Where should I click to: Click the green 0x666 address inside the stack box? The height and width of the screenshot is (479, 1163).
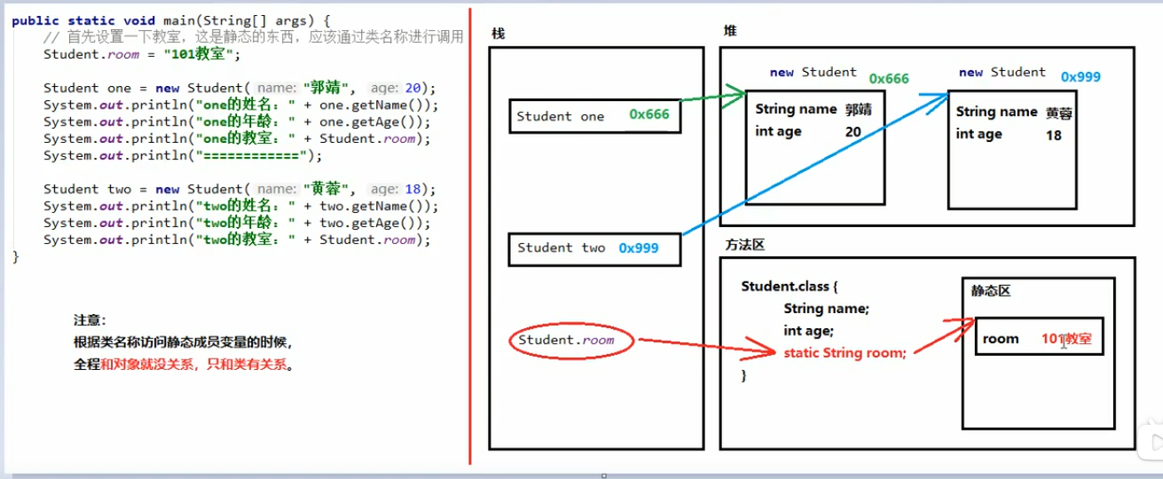(649, 114)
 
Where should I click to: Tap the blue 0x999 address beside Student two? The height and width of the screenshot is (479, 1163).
(639, 248)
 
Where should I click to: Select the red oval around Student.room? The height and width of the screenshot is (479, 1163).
(573, 340)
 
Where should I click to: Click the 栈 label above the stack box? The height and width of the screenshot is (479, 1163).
(498, 35)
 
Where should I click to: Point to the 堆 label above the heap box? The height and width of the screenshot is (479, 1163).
(730, 31)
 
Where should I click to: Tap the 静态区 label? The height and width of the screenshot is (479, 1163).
(991, 291)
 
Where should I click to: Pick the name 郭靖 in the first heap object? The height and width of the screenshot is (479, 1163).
(860, 109)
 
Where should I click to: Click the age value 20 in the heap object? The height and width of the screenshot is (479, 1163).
(853, 131)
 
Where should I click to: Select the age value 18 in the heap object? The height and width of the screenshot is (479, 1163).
(1054, 135)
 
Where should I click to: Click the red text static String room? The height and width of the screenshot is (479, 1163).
(845, 352)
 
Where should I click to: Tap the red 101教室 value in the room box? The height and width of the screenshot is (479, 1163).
(1066, 339)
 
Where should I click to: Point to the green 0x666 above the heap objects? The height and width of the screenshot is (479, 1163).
(889, 78)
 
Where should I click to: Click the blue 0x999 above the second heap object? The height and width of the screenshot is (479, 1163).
(1080, 77)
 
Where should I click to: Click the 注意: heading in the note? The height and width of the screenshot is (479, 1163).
(90, 320)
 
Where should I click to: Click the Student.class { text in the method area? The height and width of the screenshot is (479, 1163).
(790, 287)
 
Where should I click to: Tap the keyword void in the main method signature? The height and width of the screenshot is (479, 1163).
(114, 20)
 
